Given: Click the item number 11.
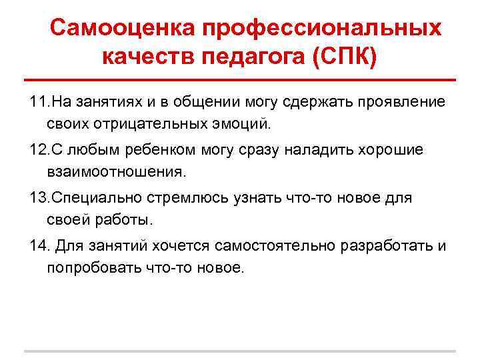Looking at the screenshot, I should [39, 101].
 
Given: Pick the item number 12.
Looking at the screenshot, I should [39, 149].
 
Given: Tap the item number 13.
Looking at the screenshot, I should [39, 198].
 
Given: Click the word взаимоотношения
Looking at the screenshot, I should [117, 171].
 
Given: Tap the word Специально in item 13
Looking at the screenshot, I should [94, 198].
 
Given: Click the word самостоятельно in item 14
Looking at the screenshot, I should [279, 246].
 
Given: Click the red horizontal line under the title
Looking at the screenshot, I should [240, 79].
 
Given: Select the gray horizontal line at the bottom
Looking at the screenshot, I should [240, 351].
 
